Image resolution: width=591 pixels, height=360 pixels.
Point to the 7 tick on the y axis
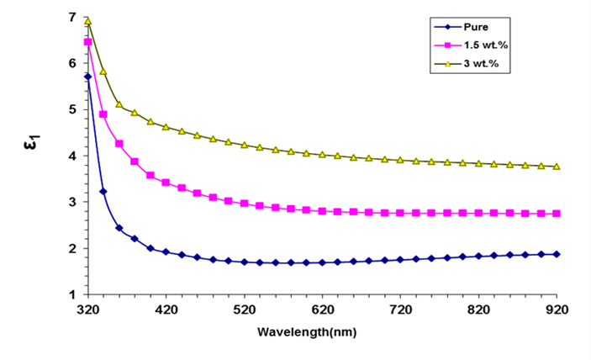pos(73,18)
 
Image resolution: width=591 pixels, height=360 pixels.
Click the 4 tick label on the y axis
pos(73,156)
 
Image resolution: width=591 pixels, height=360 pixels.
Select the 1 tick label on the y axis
pos(73,295)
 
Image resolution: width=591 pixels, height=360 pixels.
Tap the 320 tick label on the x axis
pos(87,310)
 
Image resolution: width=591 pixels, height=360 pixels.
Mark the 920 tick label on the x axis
pos(557,310)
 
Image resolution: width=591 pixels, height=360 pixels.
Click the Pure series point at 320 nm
pos(87,77)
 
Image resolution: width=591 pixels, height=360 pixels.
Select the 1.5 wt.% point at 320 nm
pos(87,42)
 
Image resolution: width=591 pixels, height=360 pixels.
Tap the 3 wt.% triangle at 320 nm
pos(87,21)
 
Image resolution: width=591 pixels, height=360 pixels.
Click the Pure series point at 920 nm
pos(557,254)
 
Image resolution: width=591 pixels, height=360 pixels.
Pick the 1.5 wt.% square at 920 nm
pos(557,214)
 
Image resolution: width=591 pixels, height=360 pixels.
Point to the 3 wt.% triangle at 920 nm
pos(557,167)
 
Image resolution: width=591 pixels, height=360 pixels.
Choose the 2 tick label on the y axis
pos(73,249)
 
